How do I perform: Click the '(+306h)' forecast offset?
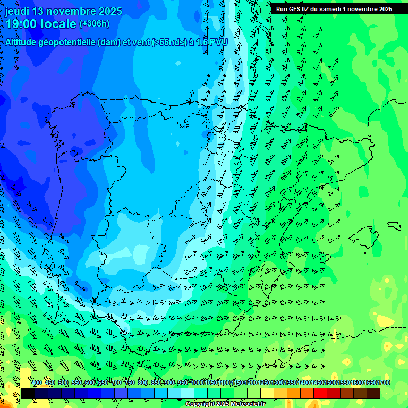94,24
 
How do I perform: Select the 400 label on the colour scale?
37,383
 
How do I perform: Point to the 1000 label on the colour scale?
197,383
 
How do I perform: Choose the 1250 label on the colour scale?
264,383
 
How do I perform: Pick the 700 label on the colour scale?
117,383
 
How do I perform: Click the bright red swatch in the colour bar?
320,393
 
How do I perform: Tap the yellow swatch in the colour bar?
267,393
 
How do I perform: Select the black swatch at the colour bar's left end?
28,393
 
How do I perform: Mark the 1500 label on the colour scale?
330,383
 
